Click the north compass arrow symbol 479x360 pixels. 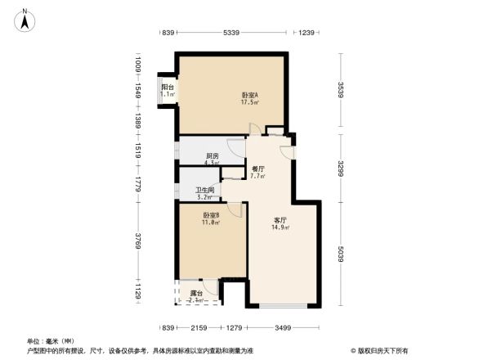coord(25,18)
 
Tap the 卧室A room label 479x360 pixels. coord(250,95)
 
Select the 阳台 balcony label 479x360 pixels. coord(168,87)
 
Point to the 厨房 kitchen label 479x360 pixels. coord(212,155)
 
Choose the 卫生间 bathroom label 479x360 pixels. coord(205,190)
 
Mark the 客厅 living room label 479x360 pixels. coord(280,220)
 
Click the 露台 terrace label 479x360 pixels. coord(196,292)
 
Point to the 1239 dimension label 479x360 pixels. coord(307,33)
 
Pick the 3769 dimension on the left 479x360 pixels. coord(138,243)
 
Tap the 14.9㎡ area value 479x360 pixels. coord(280,228)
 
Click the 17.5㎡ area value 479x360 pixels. coord(250,103)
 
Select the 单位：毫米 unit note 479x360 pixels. coord(51,340)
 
